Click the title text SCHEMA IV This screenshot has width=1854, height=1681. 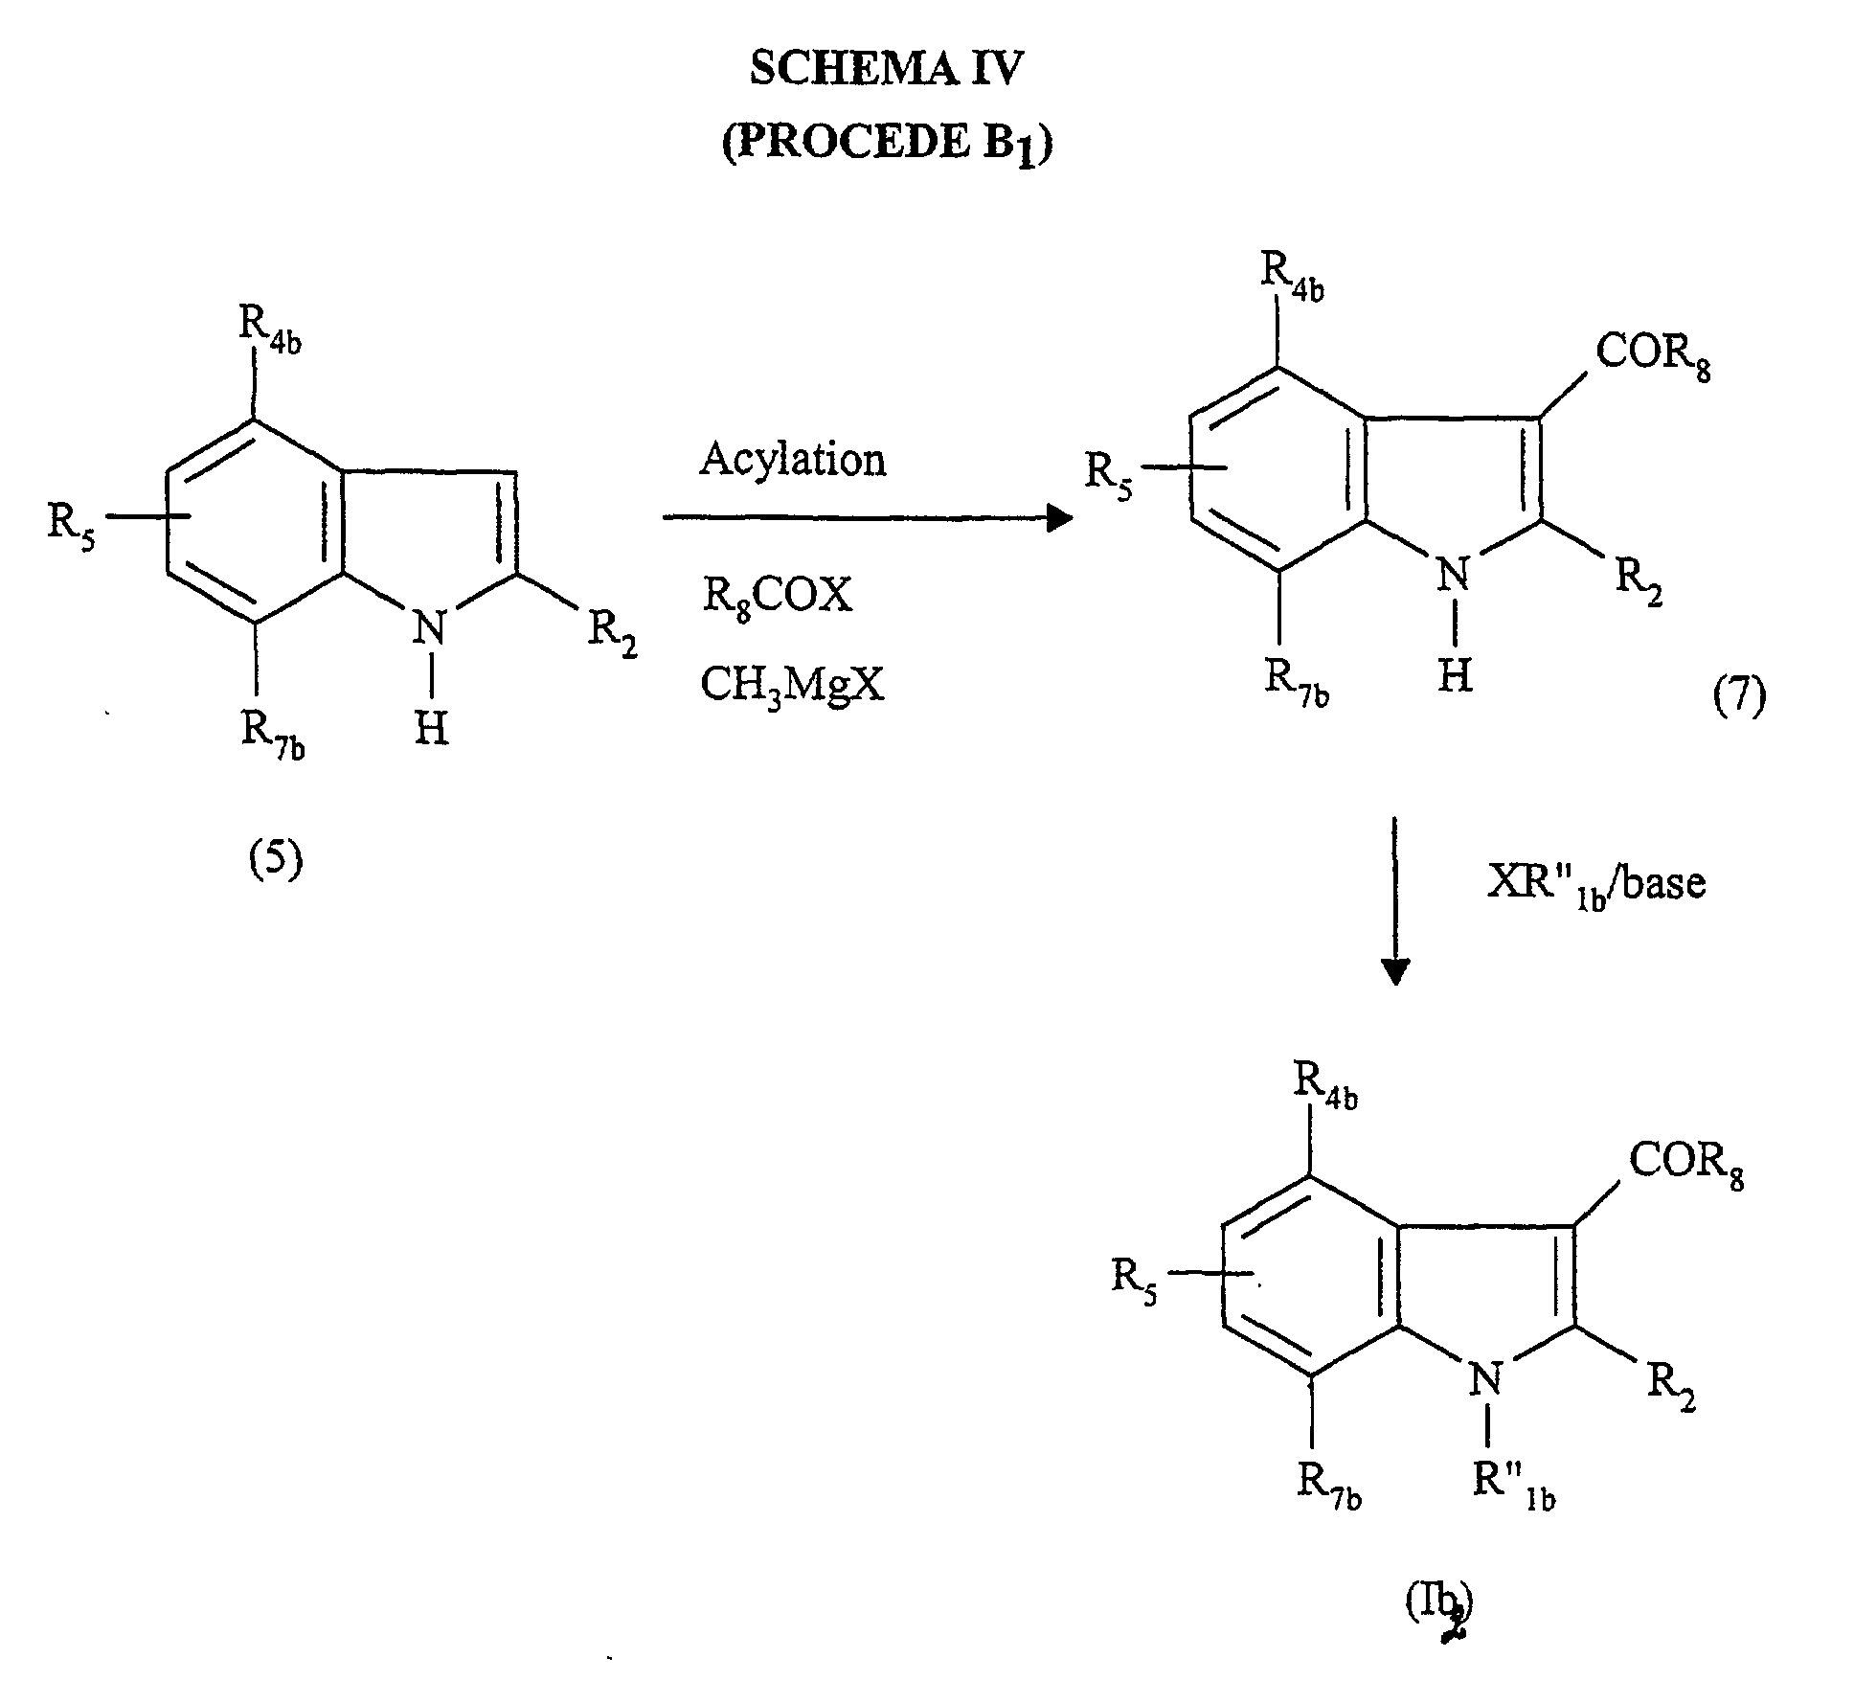[x=886, y=69]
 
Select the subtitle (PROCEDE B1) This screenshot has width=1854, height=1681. [x=886, y=144]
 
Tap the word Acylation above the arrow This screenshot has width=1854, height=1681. [x=792, y=459]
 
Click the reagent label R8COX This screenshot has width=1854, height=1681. [x=777, y=597]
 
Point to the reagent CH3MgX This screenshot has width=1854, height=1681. [x=792, y=685]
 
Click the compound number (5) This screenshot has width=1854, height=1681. [x=276, y=859]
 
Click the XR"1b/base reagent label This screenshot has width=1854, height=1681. [x=1595, y=882]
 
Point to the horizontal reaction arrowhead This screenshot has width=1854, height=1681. [x=1058, y=518]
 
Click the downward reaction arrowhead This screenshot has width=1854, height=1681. [x=1395, y=971]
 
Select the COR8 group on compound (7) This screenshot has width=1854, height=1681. [x=1652, y=354]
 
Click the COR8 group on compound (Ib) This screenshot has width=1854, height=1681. [x=1685, y=1162]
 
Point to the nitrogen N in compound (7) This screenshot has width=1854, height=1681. [x=1455, y=575]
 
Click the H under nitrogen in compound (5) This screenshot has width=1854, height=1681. [x=431, y=731]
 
